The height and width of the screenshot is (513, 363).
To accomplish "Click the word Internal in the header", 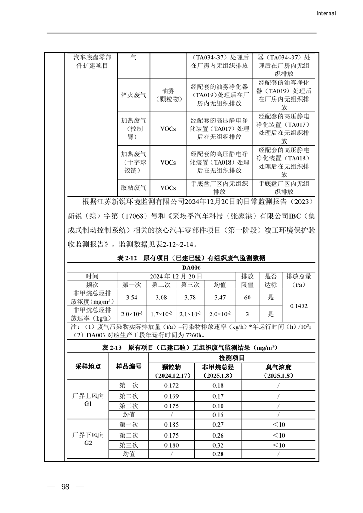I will [326, 13].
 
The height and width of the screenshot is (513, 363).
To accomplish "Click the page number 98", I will [65, 486].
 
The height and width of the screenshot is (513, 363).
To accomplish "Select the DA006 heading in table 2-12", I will [191, 267].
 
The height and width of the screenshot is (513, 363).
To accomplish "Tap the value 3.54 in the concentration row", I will [132, 298].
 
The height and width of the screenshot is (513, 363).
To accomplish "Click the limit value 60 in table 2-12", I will [247, 298].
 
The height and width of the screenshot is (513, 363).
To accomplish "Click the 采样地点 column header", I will [88, 367].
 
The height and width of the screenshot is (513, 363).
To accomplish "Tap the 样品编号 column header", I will [129, 367].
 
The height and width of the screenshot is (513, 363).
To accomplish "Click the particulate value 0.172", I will [171, 385].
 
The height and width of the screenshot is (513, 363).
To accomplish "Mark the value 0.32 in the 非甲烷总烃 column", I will [218, 445].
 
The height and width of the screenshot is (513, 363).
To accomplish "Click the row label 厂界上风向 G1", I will [88, 400].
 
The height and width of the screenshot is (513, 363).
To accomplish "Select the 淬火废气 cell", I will [134, 95].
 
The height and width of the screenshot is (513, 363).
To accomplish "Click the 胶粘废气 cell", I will [134, 187].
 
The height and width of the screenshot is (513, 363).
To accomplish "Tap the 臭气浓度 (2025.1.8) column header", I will [278, 371].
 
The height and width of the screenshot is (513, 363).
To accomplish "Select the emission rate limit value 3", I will [247, 314].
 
